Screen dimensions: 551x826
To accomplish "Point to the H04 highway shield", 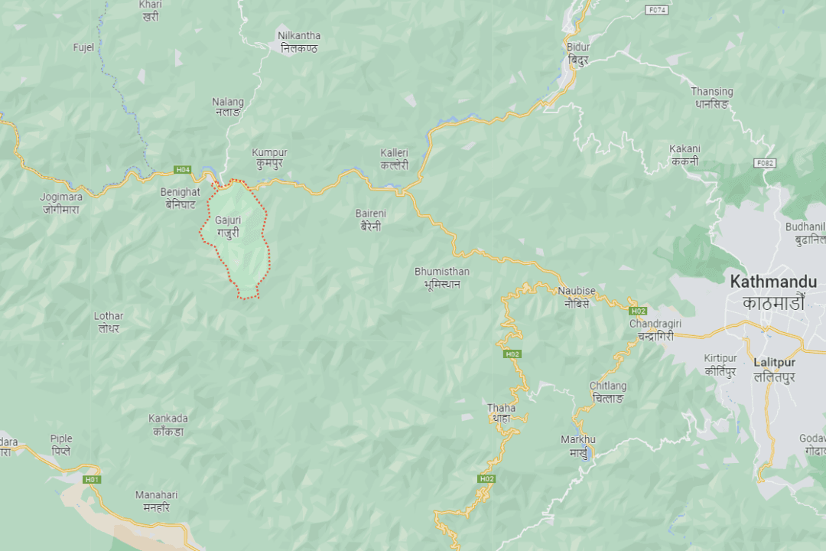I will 182,169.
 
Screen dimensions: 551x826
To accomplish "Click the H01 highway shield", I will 93,479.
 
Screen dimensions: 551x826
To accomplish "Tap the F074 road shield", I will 657,10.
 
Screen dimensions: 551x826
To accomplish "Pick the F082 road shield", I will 764,163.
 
